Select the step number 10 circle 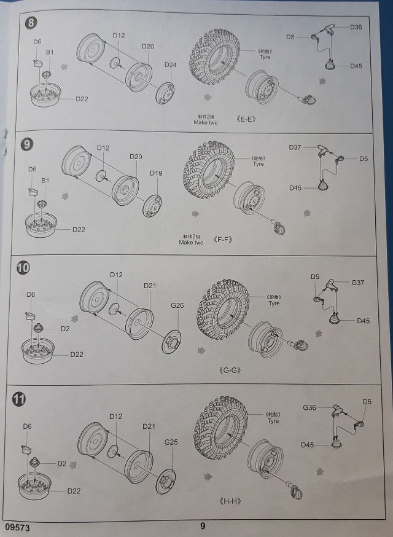point(23,268)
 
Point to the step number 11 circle point(19,399)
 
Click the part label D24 point(170,65)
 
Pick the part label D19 point(156,173)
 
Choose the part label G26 point(177,305)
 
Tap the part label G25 point(171,441)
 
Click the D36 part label point(356,27)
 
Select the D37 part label point(295,147)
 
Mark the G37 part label point(358,283)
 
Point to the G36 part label point(309,407)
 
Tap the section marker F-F point(223,239)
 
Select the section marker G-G point(228,371)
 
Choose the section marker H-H point(229,501)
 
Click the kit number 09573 point(17,527)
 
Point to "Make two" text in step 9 point(191,243)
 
